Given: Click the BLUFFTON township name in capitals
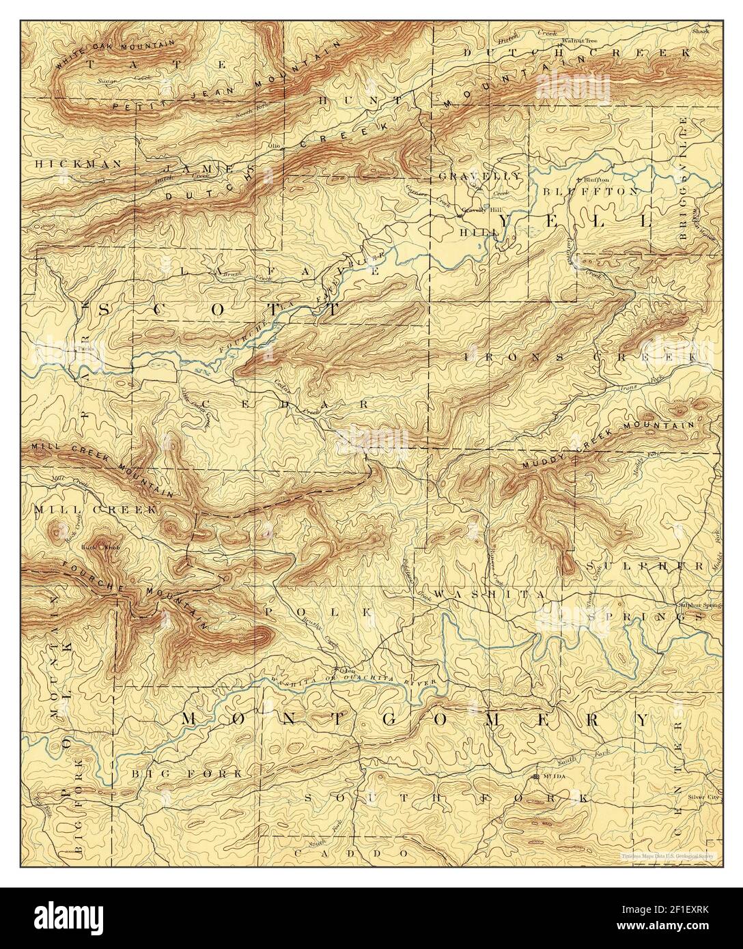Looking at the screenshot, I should tap(591, 191).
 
